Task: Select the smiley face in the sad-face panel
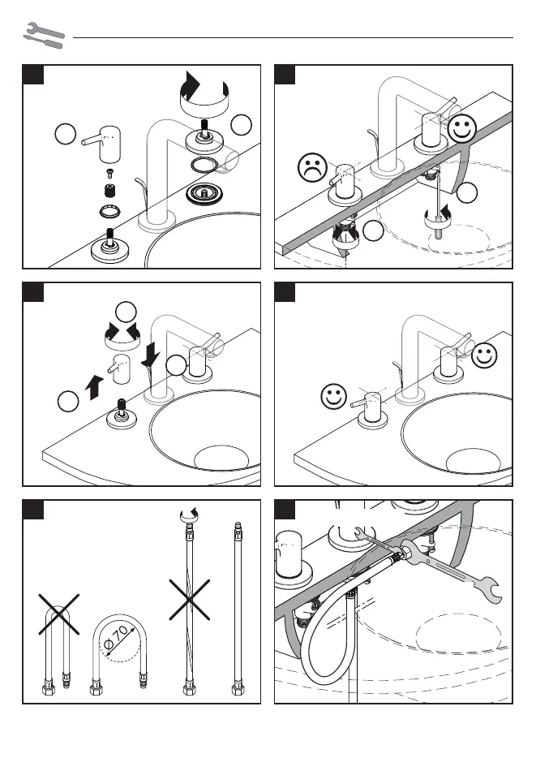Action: [x=461, y=128]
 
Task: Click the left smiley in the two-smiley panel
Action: [x=331, y=398]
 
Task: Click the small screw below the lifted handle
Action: [x=109, y=173]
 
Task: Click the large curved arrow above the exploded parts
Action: [x=202, y=96]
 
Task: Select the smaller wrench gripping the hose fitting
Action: [x=371, y=541]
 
